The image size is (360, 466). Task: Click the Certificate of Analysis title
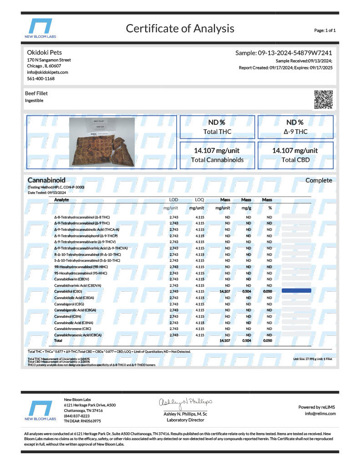click(x=180, y=29)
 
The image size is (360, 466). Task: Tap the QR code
click(x=324, y=100)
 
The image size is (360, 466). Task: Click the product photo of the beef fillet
click(x=102, y=142)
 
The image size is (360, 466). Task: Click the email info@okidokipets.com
click(x=47, y=72)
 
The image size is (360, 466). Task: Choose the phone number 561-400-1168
click(x=41, y=79)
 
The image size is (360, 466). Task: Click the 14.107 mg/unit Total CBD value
click(x=295, y=150)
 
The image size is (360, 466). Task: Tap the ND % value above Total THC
click(x=217, y=122)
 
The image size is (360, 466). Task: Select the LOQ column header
click(x=199, y=200)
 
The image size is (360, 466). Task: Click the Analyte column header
click(x=62, y=200)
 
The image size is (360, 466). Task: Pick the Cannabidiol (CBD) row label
click(x=68, y=291)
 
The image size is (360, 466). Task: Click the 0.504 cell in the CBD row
click(x=246, y=291)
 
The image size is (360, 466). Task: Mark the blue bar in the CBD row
click(x=296, y=290)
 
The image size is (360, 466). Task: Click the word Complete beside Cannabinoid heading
click(x=319, y=180)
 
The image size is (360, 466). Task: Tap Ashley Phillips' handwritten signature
click(x=185, y=402)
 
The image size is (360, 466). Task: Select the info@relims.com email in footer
click(x=320, y=414)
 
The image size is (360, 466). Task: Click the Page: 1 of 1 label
click(x=325, y=30)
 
